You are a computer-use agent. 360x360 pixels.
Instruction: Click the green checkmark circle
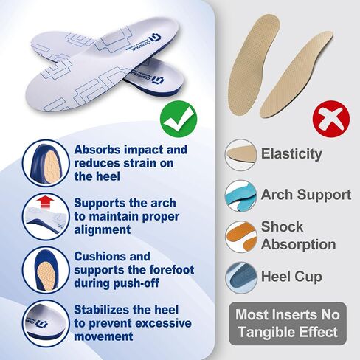click(179, 119)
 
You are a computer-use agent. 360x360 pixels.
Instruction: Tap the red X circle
click(331, 119)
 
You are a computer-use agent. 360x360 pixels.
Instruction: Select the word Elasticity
click(291, 154)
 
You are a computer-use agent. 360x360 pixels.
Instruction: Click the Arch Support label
click(306, 195)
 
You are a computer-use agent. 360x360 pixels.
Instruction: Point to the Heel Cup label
click(291, 277)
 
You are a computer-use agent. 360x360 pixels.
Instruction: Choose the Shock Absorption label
click(298, 235)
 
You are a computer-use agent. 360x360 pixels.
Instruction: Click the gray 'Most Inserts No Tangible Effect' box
click(288, 324)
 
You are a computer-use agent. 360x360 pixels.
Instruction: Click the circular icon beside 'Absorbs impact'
click(46, 163)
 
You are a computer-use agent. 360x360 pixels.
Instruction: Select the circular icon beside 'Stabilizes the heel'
click(46, 323)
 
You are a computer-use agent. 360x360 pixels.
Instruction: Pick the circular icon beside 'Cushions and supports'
click(46, 270)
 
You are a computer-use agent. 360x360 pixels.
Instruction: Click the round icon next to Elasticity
click(240, 155)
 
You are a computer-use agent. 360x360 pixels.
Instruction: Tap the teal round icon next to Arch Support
click(240, 195)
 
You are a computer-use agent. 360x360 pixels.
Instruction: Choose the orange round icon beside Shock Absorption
click(240, 236)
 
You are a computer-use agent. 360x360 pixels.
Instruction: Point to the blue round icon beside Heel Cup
click(240, 277)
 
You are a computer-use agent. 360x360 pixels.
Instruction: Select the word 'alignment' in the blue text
click(103, 230)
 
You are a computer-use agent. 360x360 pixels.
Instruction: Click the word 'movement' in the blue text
click(103, 336)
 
